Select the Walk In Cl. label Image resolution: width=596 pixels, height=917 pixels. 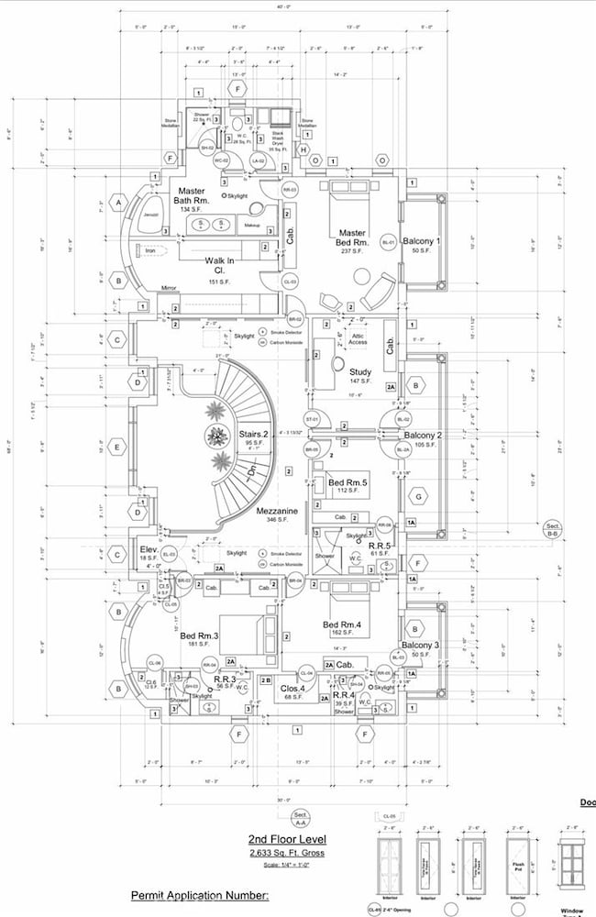point(220,265)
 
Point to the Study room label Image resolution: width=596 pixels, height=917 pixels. point(359,371)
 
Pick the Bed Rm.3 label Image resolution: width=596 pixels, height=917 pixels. point(200,635)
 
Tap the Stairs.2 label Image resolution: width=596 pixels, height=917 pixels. point(253,434)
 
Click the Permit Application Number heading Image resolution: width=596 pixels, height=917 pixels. point(200,894)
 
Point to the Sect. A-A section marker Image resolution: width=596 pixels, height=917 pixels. point(299,818)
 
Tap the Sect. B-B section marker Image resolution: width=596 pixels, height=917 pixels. point(552,528)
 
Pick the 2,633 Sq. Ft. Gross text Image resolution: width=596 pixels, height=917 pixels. point(285,854)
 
